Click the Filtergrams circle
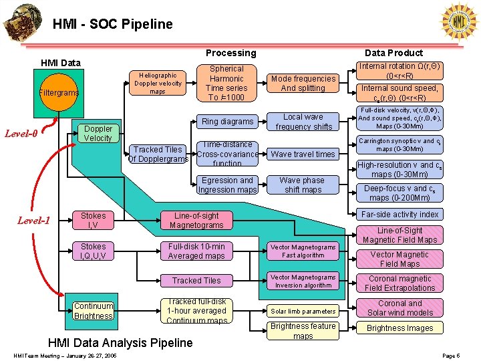tap(59, 92)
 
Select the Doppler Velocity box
tap(98, 133)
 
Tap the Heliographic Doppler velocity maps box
tap(158, 84)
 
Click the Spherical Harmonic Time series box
tap(226, 83)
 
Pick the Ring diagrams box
tap(227, 121)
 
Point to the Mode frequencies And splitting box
tap(303, 83)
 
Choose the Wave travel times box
tap(303, 154)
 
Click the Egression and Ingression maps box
tap(227, 185)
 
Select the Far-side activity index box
tap(399, 214)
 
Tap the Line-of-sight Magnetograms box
tap(196, 220)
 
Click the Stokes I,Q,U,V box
tap(94, 251)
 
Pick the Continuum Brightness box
tap(94, 311)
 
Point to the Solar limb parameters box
tap(303, 311)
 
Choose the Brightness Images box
tap(399, 328)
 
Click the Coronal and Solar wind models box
tap(399, 308)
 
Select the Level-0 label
tap(22, 133)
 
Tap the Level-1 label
tap(33, 220)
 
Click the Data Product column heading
tap(393, 53)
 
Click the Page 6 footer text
tap(450, 356)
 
